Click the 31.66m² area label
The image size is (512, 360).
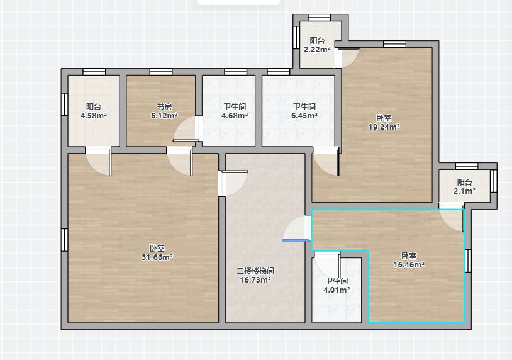(157, 257)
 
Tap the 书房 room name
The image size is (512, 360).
(164, 106)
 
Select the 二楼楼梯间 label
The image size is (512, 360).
(255, 271)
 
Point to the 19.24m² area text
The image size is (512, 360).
(384, 127)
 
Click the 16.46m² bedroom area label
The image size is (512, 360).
(409, 264)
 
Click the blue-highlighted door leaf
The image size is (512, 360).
(296, 240)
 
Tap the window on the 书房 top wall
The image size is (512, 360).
(161, 72)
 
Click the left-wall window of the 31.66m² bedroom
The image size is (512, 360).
(65, 240)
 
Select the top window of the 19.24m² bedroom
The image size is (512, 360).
(395, 44)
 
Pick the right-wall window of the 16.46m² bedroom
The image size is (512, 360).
(468, 261)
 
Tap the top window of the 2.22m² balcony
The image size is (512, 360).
(320, 18)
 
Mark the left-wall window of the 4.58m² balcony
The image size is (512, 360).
(65, 104)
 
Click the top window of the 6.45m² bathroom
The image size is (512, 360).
(279, 72)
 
